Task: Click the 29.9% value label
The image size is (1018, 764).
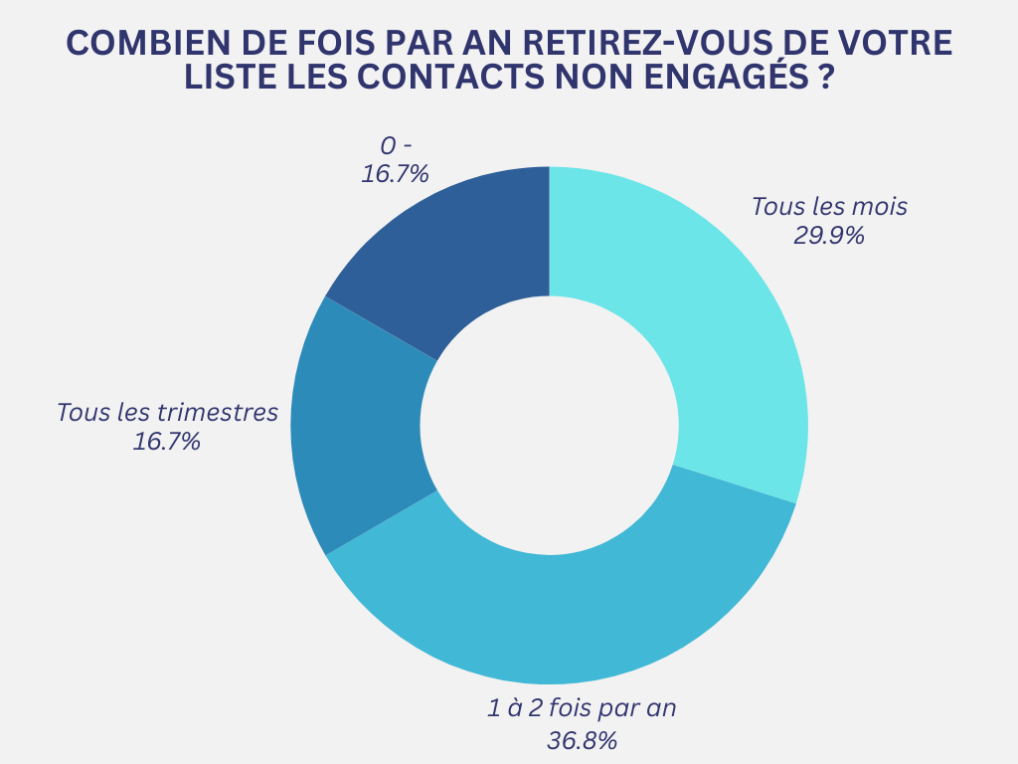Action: click(828, 236)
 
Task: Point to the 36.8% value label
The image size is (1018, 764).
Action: click(583, 740)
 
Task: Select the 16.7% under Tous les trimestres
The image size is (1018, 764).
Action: click(167, 441)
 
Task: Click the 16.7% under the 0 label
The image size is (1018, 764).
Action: click(395, 174)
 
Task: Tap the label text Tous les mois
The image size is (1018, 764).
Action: click(829, 207)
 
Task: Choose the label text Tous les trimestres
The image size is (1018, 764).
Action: click(167, 412)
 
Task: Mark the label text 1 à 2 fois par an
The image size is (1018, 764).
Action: click(583, 709)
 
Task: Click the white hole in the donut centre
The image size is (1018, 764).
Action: click(549, 425)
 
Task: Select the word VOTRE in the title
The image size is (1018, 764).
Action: click(895, 44)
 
